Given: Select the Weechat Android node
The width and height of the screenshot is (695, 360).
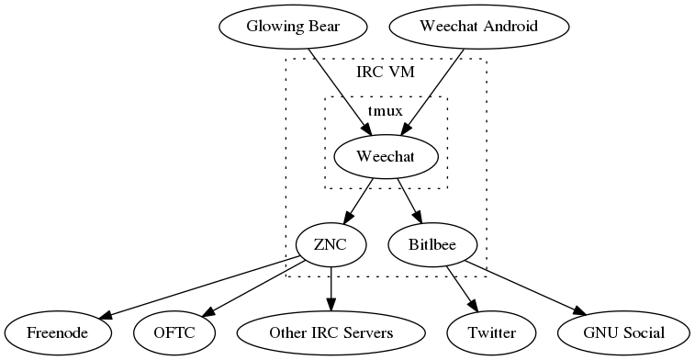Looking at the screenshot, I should pyautogui.click(x=465, y=25).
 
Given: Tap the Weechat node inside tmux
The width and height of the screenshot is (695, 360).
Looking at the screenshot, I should pyautogui.click(x=386, y=157).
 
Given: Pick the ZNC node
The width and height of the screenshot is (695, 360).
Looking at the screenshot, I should pyautogui.click(x=331, y=244).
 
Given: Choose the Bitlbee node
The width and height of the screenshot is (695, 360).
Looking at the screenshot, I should pyautogui.click(x=433, y=244).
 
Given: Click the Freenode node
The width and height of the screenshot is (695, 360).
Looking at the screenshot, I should pyautogui.click(x=58, y=332).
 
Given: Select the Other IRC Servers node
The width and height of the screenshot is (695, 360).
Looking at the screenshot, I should pyautogui.click(x=331, y=332).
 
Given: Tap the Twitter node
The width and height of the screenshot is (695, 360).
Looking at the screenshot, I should pyautogui.click(x=491, y=332).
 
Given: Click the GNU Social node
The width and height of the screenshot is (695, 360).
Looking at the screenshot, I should pyautogui.click(x=623, y=332).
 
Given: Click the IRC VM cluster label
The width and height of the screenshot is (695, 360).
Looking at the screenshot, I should pyautogui.click(x=385, y=73).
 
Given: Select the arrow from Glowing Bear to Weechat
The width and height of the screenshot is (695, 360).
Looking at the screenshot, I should pyautogui.click(x=341, y=92).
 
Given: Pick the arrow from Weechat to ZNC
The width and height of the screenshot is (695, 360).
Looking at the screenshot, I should pyautogui.click(x=359, y=200).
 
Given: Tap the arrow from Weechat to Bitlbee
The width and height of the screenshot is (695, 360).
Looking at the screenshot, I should pyautogui.click(x=409, y=200).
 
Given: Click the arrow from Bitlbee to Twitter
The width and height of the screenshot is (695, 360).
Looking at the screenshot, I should pyautogui.click(x=462, y=287).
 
